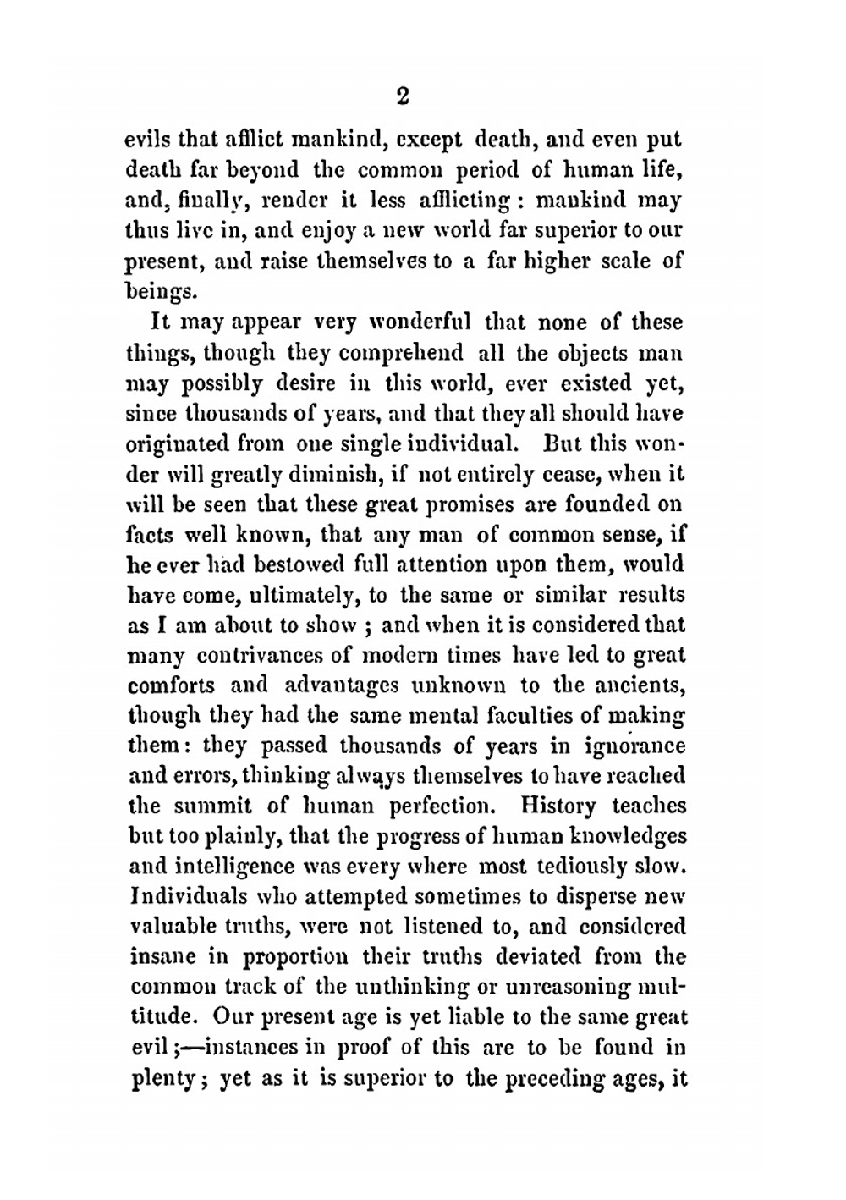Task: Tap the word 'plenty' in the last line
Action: (x=163, y=1079)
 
